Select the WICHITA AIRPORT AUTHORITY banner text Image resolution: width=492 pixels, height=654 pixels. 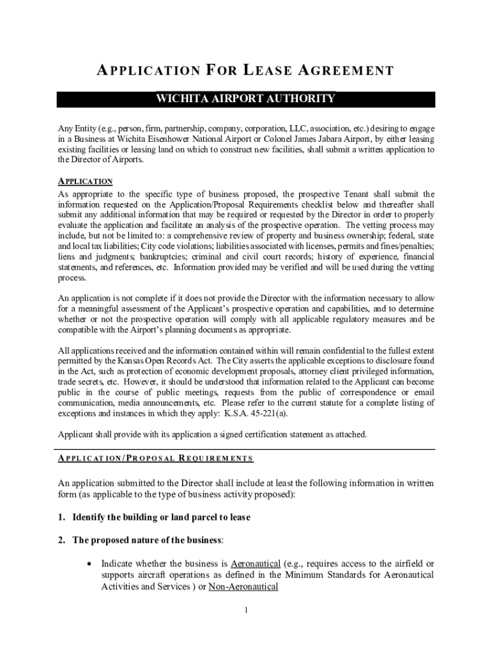click(x=246, y=98)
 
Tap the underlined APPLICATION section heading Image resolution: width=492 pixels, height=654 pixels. click(x=86, y=181)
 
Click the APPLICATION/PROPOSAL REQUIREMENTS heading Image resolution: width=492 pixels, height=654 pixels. click(x=155, y=458)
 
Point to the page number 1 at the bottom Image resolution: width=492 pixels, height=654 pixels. click(x=246, y=610)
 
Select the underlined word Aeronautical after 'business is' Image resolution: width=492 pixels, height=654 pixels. click(x=256, y=563)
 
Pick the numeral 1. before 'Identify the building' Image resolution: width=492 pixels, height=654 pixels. click(x=62, y=517)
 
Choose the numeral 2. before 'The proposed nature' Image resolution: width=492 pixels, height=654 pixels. click(x=62, y=540)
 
